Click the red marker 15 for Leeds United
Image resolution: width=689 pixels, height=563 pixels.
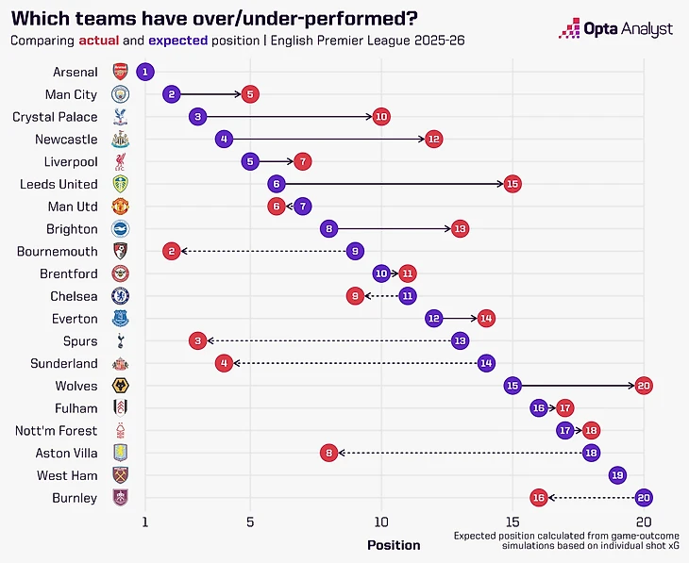click(512, 184)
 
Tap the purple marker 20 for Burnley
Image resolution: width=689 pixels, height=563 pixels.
click(644, 497)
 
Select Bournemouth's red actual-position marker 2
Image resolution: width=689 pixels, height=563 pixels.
click(171, 251)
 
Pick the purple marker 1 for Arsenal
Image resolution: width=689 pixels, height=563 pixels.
click(144, 72)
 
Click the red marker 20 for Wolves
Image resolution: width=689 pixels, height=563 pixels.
click(644, 386)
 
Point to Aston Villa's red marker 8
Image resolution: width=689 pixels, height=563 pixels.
click(328, 453)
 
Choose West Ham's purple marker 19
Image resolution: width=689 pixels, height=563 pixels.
click(617, 475)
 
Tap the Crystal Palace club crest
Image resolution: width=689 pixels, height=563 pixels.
click(120, 117)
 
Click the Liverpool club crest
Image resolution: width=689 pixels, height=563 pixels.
click(120, 161)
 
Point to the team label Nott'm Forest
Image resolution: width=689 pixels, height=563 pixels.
click(56, 430)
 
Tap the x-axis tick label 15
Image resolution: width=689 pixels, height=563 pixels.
click(512, 522)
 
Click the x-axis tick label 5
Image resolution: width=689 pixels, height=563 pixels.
click(250, 522)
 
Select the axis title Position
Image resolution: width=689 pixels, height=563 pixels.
click(394, 545)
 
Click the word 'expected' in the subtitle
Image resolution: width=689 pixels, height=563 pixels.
click(176, 41)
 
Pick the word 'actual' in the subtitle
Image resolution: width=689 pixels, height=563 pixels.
click(97, 41)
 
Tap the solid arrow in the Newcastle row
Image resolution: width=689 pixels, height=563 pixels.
click(328, 139)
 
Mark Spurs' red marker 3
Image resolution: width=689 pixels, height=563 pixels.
click(197, 340)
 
